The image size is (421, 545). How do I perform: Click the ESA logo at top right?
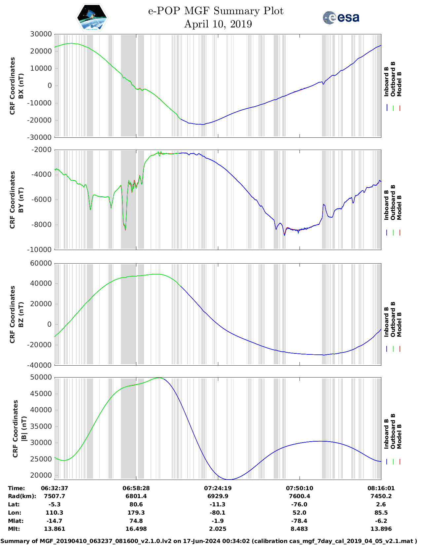pyautogui.click(x=341, y=18)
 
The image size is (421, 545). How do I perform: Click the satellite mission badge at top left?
pyautogui.click(x=92, y=18)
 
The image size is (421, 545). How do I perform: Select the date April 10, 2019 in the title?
pyautogui.click(x=218, y=24)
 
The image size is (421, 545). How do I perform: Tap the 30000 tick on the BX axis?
pyautogui.click(x=41, y=34)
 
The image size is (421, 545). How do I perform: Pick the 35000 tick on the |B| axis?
pyautogui.click(x=41, y=426)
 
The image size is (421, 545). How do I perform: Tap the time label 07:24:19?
pyautogui.click(x=218, y=488)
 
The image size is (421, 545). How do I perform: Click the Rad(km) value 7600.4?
pyautogui.click(x=299, y=496)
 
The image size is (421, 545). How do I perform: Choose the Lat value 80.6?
pyautogui.click(x=136, y=504)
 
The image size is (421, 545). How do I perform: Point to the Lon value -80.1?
pyautogui.click(x=218, y=513)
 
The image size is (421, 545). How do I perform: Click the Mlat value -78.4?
pyautogui.click(x=299, y=521)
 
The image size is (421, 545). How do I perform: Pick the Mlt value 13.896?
pyautogui.click(x=381, y=529)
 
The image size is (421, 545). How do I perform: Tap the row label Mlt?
pyautogui.click(x=14, y=529)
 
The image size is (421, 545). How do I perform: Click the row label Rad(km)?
pyautogui.click(x=22, y=496)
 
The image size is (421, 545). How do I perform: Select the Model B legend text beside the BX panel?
pyautogui.click(x=399, y=84)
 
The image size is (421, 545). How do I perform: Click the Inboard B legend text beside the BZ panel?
pyautogui.click(x=386, y=322)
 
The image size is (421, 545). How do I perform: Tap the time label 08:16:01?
pyautogui.click(x=381, y=488)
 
